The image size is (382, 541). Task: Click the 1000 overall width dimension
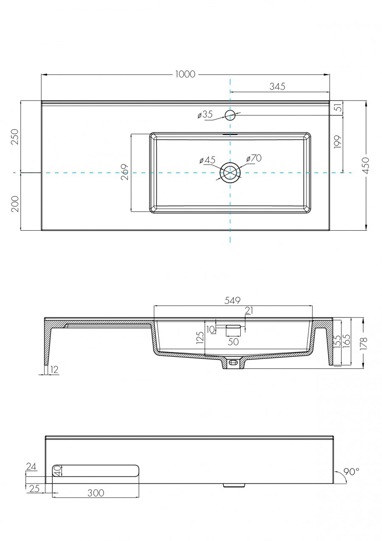185,74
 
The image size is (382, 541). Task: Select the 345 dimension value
277,87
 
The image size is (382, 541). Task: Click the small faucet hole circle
230,115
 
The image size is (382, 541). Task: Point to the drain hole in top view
230,173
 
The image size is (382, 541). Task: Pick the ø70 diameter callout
254,158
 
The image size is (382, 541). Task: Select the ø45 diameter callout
208,160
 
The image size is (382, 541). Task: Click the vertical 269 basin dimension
125,172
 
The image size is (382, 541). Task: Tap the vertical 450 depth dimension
366,165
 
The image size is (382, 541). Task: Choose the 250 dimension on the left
14,137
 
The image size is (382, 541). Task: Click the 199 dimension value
338,142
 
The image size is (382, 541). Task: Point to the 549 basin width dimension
233,300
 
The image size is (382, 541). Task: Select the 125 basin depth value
200,338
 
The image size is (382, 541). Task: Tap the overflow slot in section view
233,327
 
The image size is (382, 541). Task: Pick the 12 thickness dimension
54,370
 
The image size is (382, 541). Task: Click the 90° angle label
351,471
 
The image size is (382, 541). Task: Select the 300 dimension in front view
95,493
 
